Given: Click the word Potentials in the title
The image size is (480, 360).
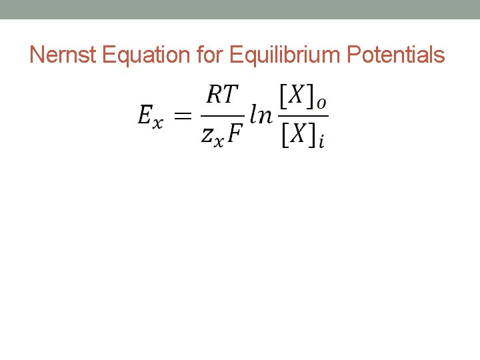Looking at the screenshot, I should tap(399, 55).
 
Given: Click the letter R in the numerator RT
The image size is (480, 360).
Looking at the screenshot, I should tap(215, 95).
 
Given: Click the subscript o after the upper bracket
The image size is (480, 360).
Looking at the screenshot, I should tap(321, 104).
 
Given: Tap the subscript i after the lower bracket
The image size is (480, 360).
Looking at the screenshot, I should tap(321, 142).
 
